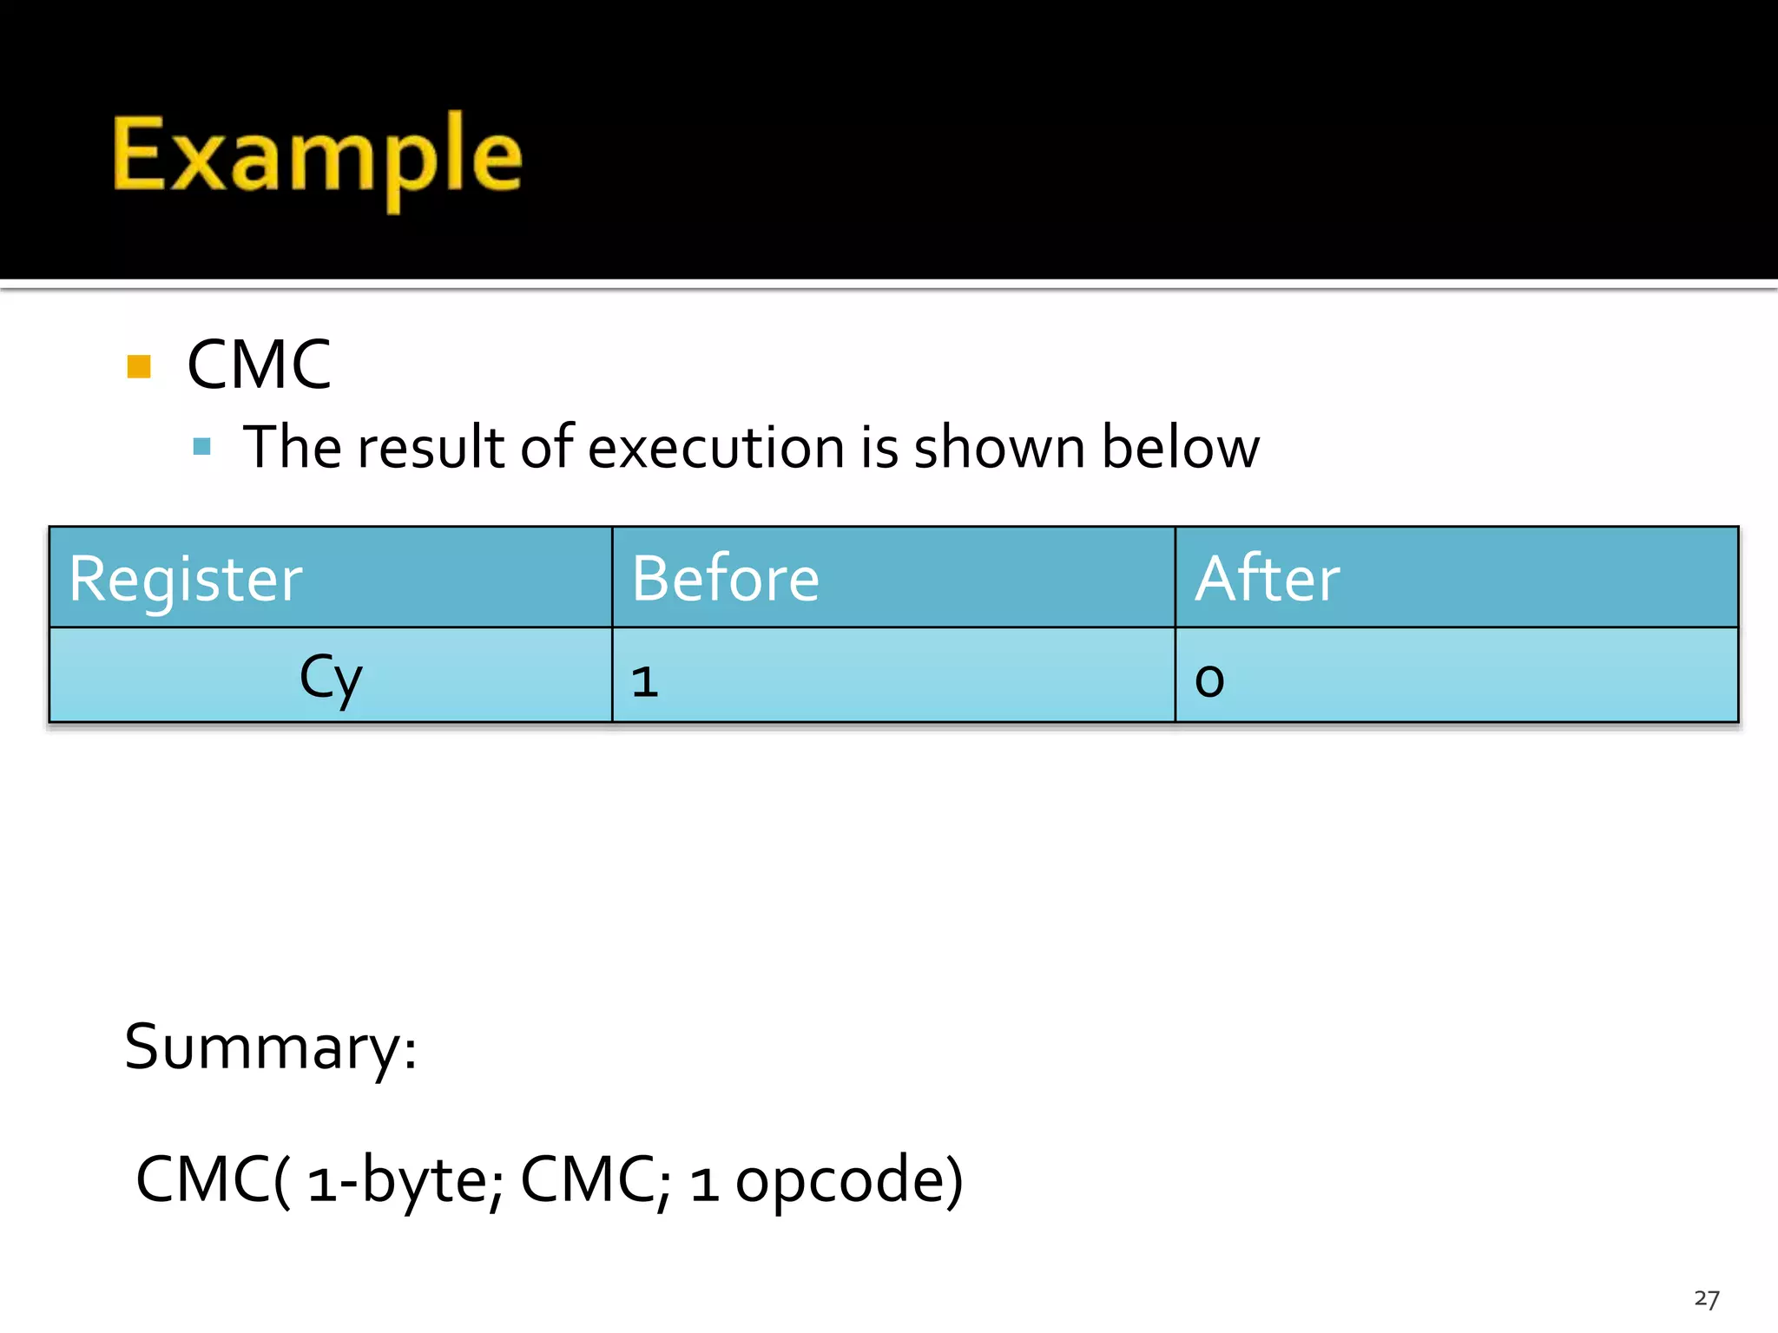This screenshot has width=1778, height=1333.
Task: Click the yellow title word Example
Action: (x=318, y=156)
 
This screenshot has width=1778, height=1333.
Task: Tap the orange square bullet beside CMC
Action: (x=139, y=366)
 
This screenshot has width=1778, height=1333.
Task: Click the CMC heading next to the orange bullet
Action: (x=259, y=365)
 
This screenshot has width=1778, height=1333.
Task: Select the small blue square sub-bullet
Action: (x=202, y=447)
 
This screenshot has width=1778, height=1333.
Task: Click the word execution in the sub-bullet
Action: (x=716, y=449)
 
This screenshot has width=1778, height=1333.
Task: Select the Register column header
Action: (x=186, y=579)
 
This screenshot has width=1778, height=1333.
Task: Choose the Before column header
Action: (x=726, y=579)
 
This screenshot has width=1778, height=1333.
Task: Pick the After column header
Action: (x=1268, y=579)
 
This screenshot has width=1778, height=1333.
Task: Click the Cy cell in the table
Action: (x=331, y=678)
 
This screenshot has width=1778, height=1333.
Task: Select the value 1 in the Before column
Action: (x=644, y=681)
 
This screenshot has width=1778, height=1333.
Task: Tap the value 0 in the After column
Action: (x=1209, y=681)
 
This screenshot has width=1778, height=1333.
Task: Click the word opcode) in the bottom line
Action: (x=849, y=1181)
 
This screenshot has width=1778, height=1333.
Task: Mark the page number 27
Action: (x=1706, y=1299)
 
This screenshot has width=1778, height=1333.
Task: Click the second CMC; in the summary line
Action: (x=596, y=1179)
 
